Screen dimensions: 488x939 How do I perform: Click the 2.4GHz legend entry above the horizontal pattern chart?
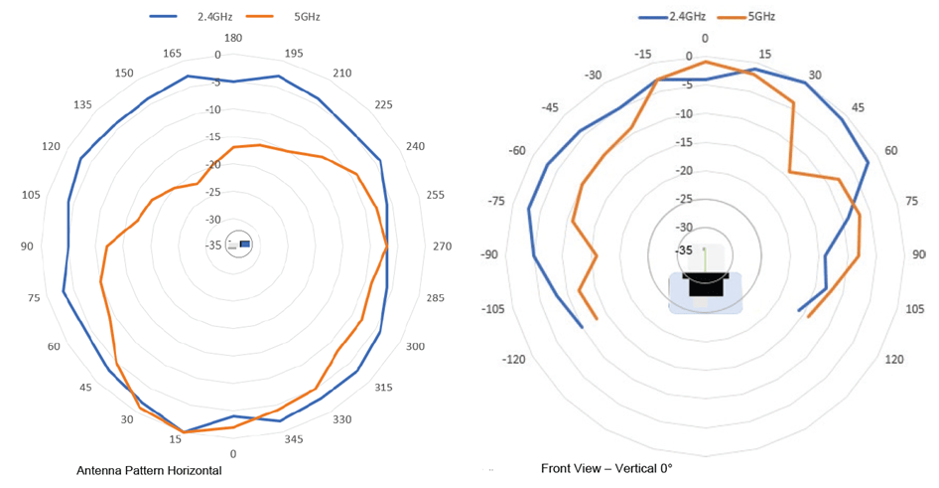(x=192, y=16)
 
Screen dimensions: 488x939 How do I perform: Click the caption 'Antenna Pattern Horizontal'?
(x=149, y=470)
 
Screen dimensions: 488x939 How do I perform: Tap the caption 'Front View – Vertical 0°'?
(x=606, y=467)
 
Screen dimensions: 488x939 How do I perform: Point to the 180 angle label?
(x=233, y=38)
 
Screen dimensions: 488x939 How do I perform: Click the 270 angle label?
(x=442, y=245)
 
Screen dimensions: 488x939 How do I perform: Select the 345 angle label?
(x=294, y=438)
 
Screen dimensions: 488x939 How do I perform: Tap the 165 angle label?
(x=172, y=53)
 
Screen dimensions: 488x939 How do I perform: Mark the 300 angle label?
(x=415, y=347)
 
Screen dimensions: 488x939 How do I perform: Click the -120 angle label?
(x=514, y=359)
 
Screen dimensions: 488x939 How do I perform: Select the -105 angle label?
(x=492, y=308)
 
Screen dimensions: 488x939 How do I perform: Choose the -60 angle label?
(x=516, y=150)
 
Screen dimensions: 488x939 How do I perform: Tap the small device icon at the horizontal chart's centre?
(x=239, y=244)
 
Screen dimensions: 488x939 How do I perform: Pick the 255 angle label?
(x=433, y=195)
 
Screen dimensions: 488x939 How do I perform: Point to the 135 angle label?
(x=84, y=105)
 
